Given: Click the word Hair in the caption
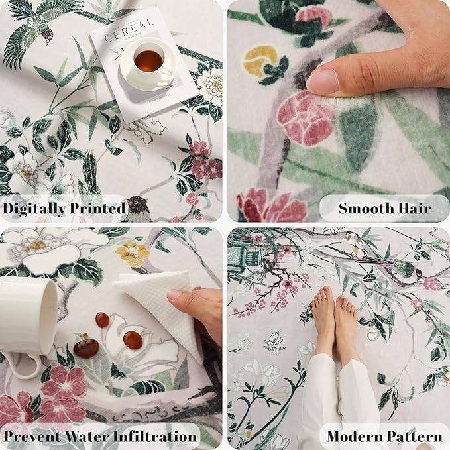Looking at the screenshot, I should click(x=416, y=209).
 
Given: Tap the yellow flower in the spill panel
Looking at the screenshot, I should click(x=132, y=253).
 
